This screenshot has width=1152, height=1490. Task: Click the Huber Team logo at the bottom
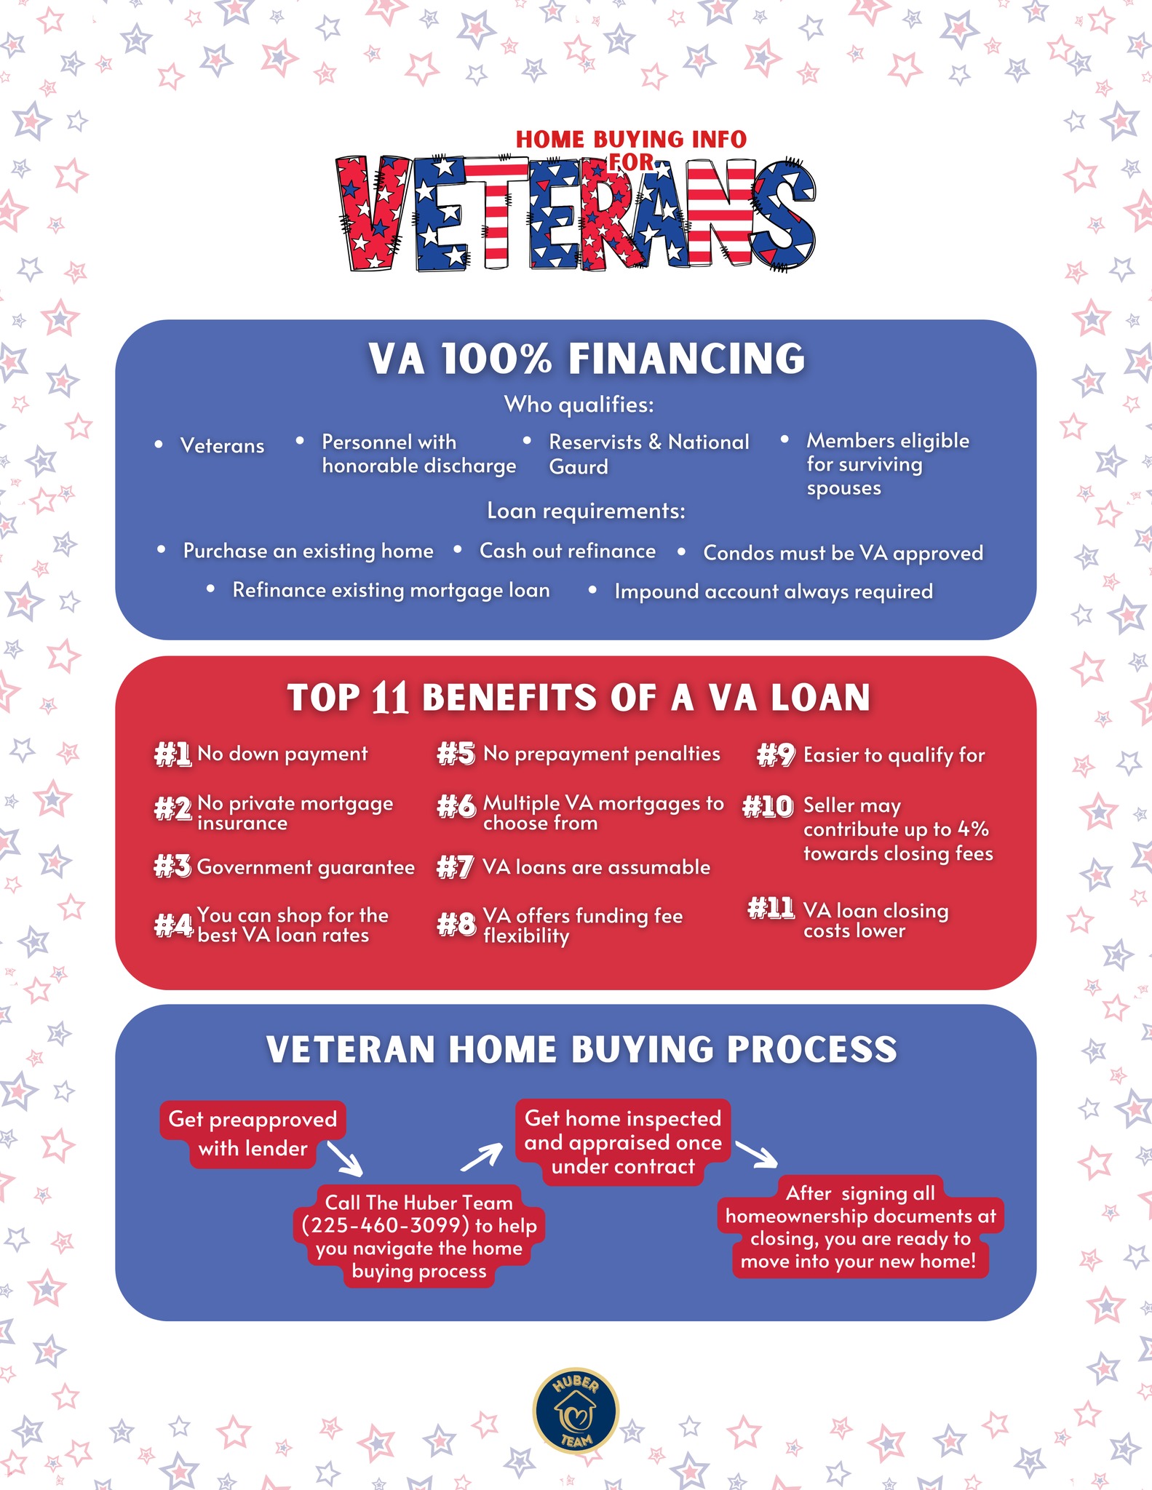[x=576, y=1411]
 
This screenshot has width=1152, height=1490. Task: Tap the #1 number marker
[x=172, y=754]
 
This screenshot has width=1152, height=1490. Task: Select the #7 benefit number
[x=456, y=867]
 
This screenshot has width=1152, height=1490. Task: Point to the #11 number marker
[x=771, y=908]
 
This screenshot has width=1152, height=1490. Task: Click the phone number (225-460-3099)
[x=386, y=1225]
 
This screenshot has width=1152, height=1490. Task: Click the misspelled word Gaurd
[x=579, y=467]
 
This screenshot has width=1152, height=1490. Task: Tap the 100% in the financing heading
[x=496, y=359]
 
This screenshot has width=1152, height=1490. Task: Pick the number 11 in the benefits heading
[x=389, y=698]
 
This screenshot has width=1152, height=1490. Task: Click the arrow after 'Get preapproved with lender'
[x=345, y=1158]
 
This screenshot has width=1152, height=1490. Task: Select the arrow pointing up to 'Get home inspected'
[x=481, y=1157]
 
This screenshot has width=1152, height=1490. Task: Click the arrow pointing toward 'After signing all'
[x=757, y=1154]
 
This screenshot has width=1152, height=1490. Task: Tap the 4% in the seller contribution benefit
[x=973, y=829]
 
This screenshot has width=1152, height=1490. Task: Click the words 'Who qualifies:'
[x=579, y=405]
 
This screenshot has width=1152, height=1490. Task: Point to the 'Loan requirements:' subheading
[x=586, y=511]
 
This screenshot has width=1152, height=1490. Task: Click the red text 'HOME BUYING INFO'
[x=631, y=139]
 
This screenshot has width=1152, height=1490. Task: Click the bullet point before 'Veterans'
[x=159, y=445]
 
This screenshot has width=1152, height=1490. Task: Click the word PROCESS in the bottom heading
[x=811, y=1049]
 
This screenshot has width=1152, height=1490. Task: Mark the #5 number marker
[x=456, y=754]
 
